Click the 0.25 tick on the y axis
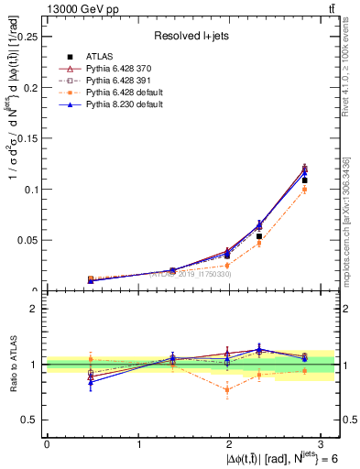pos(27,38)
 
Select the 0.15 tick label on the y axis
pos(27,139)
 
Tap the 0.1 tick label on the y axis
pos(30,190)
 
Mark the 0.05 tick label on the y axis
pos(27,240)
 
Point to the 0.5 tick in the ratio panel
pos(29,420)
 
